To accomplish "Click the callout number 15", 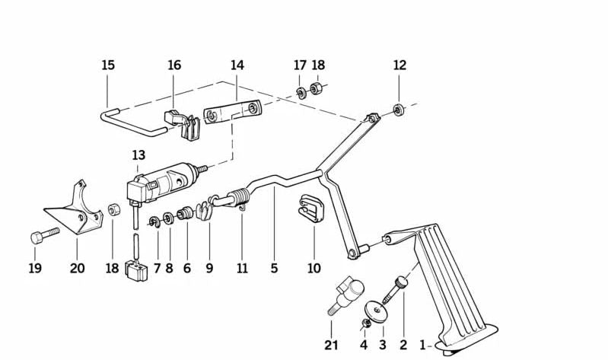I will click(x=108, y=65).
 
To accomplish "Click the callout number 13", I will click(x=138, y=155).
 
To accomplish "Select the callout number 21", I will click(x=330, y=345).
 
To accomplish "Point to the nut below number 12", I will click(x=399, y=111).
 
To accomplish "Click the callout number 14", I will click(x=237, y=65).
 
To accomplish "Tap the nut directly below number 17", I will click(x=301, y=94).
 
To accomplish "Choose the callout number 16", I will click(x=174, y=65).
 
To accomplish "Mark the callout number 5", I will click(x=274, y=268).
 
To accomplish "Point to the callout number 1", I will click(x=423, y=345).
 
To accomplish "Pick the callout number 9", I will click(x=209, y=268).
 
